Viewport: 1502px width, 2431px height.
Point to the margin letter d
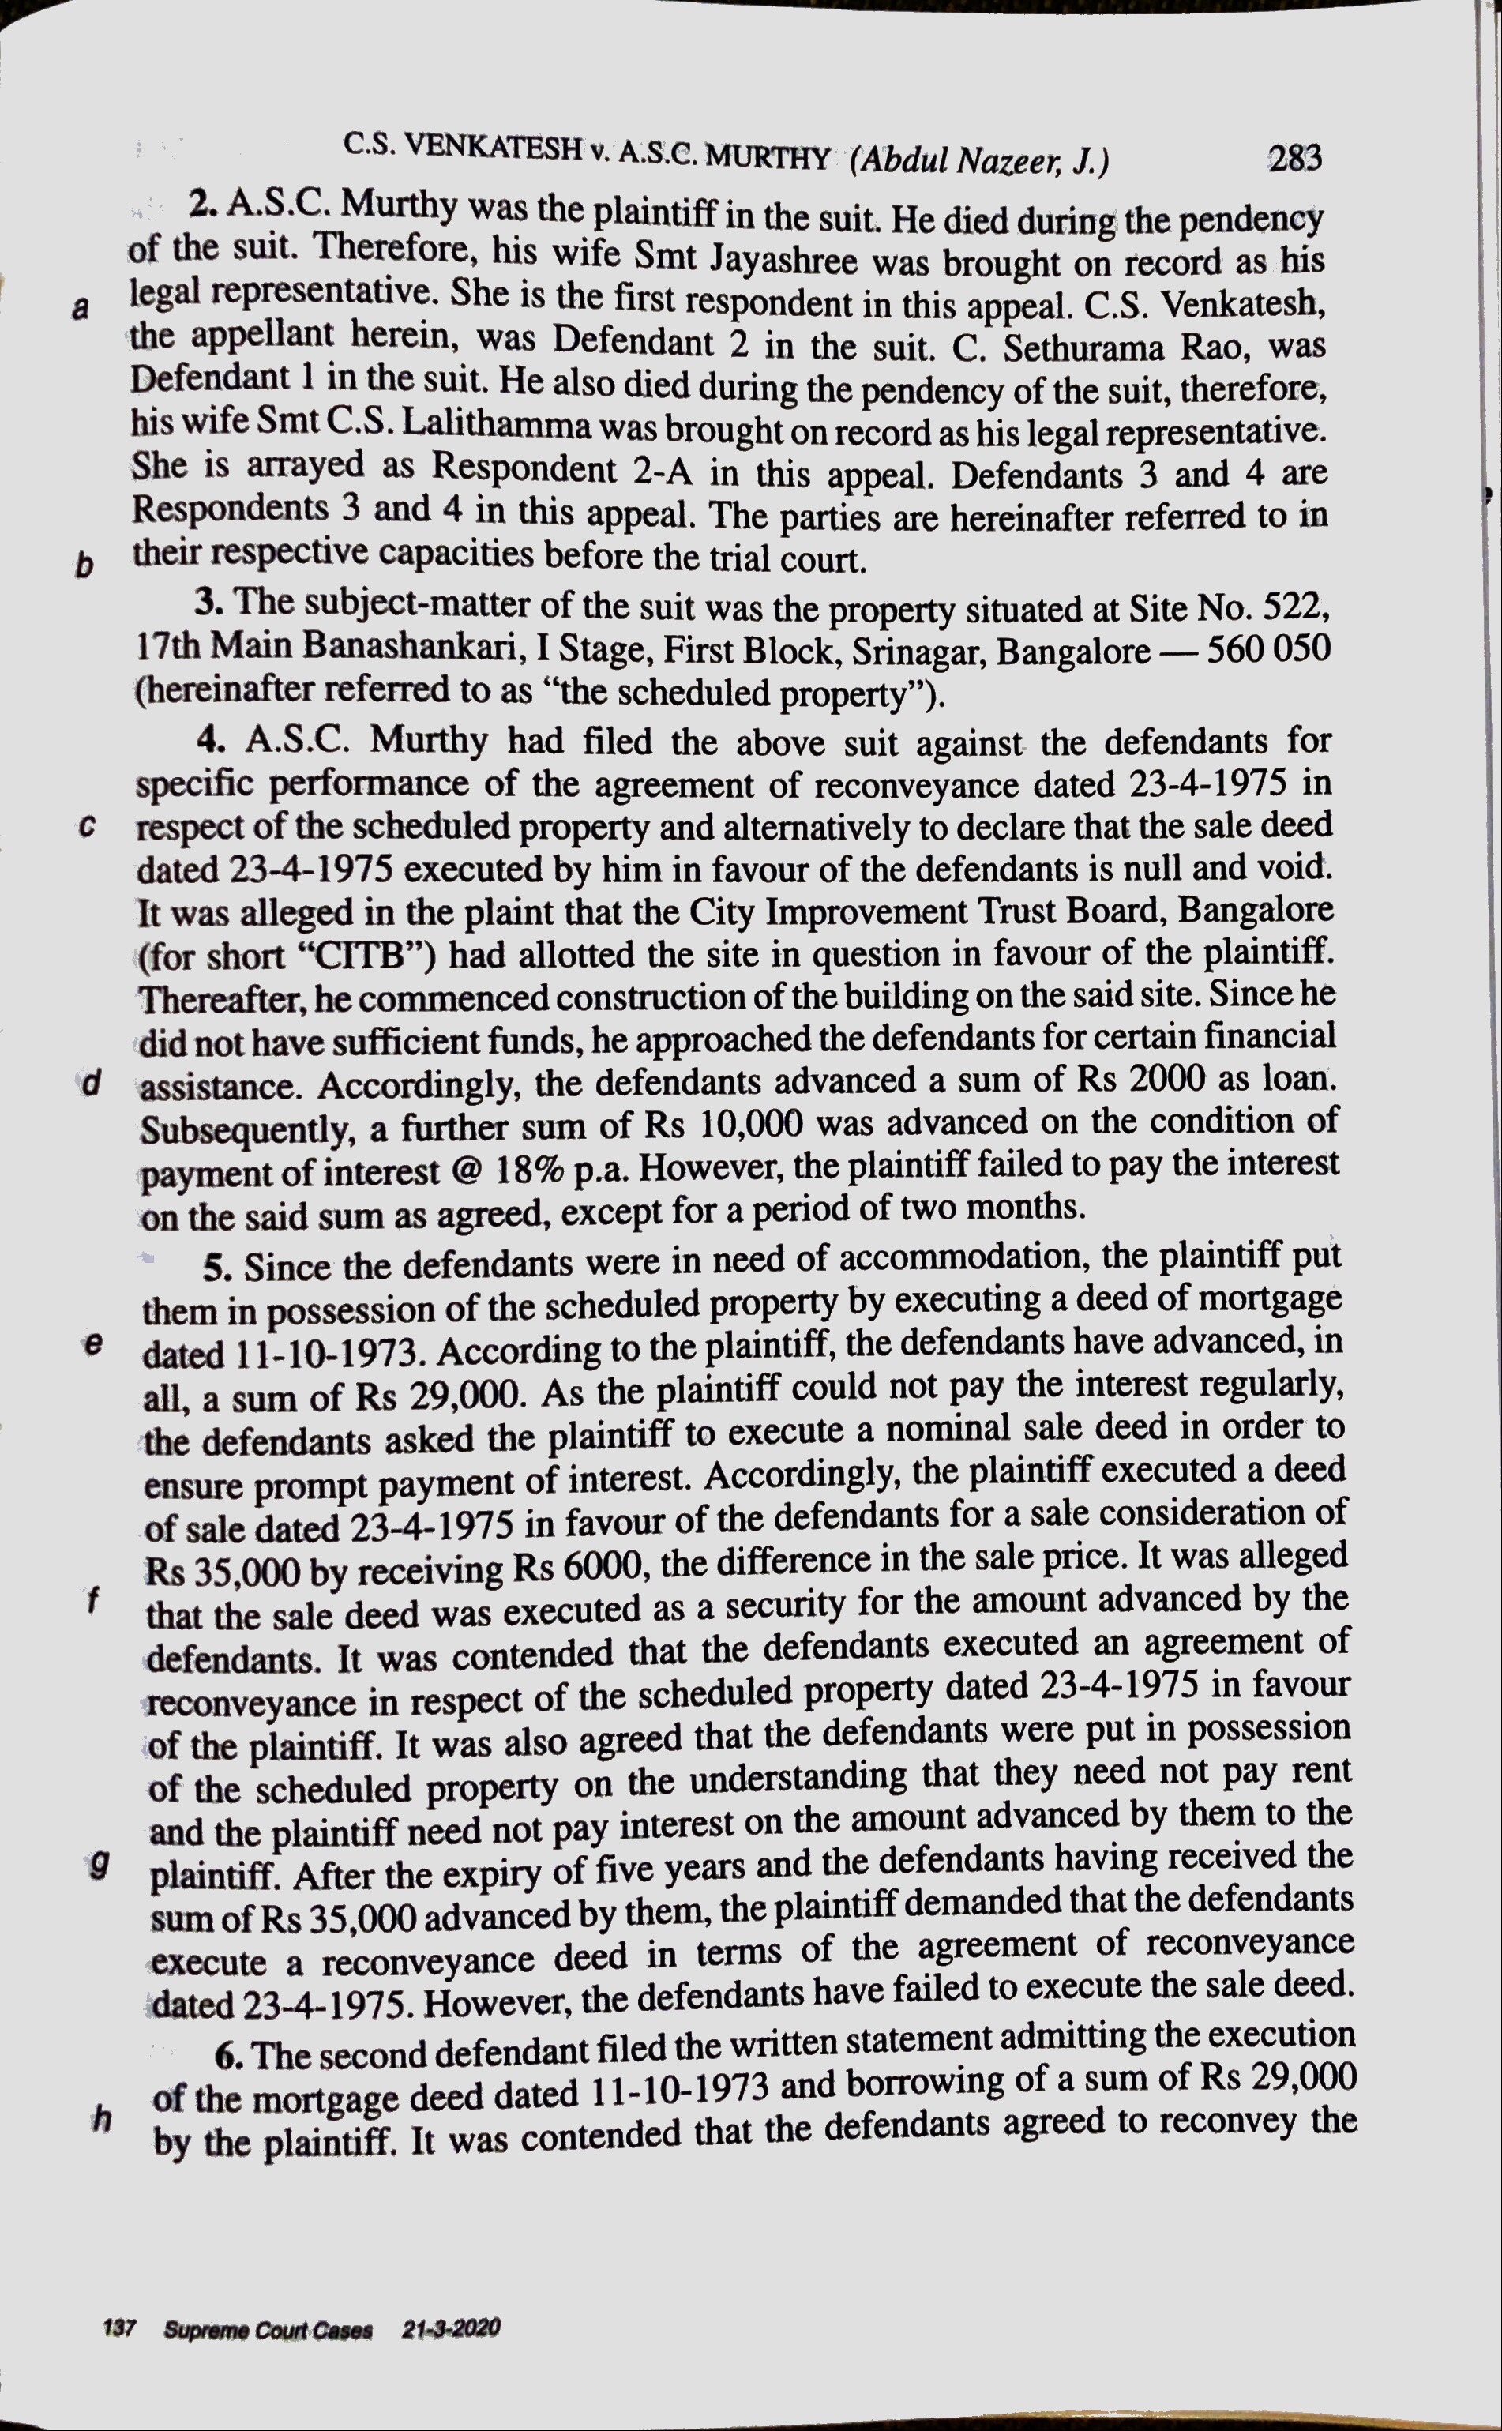pos(92,1082)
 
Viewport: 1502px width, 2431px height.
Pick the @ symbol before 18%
pos(465,1171)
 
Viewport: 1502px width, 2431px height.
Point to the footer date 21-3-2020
pos(451,2328)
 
